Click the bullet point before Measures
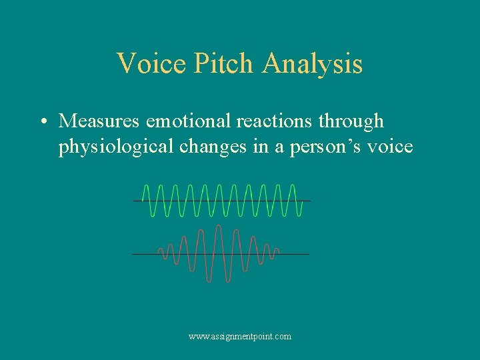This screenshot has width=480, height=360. point(42,122)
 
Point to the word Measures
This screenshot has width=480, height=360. point(99,121)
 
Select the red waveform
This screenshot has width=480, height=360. point(220,254)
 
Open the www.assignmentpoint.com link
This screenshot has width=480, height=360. point(240,337)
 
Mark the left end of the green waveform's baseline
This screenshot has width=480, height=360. point(135,200)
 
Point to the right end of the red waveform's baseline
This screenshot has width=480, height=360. point(308,254)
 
